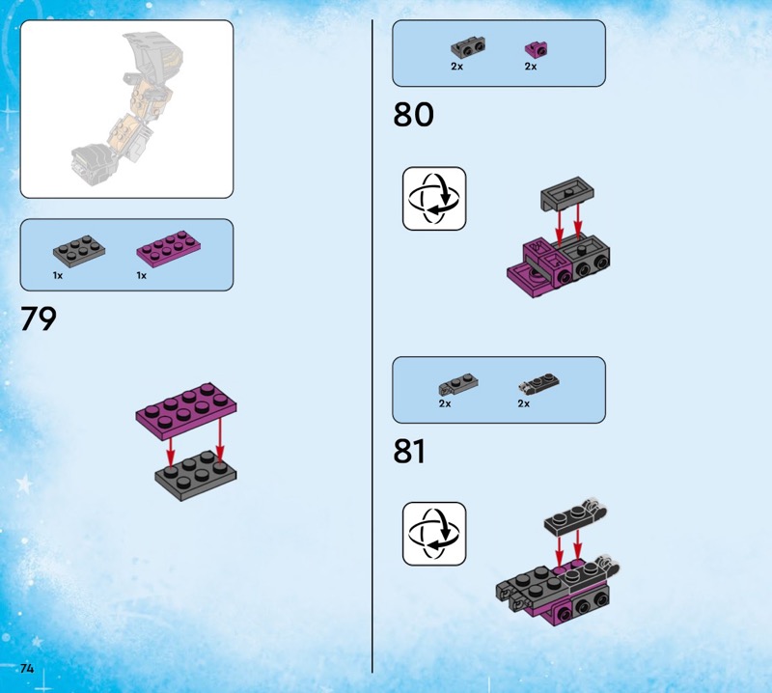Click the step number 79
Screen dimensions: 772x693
pos(39,319)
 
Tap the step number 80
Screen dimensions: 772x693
pos(413,114)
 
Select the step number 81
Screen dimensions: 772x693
pos(409,451)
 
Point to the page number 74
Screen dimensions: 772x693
pos(27,668)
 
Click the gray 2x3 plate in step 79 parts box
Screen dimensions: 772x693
pos(79,251)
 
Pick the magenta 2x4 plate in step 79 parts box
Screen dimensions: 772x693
pos(168,249)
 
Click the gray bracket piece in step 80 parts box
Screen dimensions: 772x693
pos(468,47)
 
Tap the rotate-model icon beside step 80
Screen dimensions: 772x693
pos(434,199)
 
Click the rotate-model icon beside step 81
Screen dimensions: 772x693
pos(434,534)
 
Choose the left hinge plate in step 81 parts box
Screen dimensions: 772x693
pos(457,385)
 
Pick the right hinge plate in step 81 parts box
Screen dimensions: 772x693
pos(538,384)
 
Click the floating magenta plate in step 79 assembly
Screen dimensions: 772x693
pos(186,404)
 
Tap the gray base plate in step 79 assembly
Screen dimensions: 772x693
pos(196,476)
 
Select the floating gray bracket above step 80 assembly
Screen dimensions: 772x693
pos(566,194)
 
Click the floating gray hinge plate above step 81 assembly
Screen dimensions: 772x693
pos(575,518)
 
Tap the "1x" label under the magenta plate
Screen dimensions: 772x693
pos(142,276)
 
